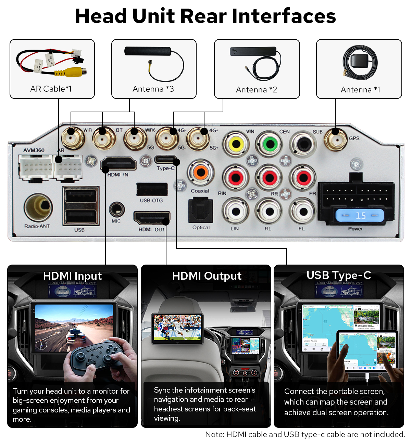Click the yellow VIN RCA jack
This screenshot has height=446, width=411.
[x=236, y=144]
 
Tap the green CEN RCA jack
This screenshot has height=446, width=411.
[x=270, y=144]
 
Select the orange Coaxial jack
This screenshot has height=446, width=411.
[x=201, y=172]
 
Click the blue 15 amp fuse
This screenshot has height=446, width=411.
[x=360, y=216]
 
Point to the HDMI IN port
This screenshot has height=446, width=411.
[x=119, y=164]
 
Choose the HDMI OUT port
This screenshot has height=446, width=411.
[x=151, y=218]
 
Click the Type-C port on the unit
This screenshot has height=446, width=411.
[x=166, y=160]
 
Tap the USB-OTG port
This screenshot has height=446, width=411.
[x=152, y=190]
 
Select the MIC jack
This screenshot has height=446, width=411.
[x=116, y=209]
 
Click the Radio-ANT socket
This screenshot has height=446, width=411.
[x=38, y=207]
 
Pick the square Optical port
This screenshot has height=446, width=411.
[x=201, y=211]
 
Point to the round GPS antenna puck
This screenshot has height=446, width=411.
[x=360, y=62]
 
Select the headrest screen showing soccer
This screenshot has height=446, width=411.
[x=177, y=328]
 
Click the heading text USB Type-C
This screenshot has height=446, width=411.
[x=339, y=276]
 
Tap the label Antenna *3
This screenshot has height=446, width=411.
[x=153, y=89]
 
